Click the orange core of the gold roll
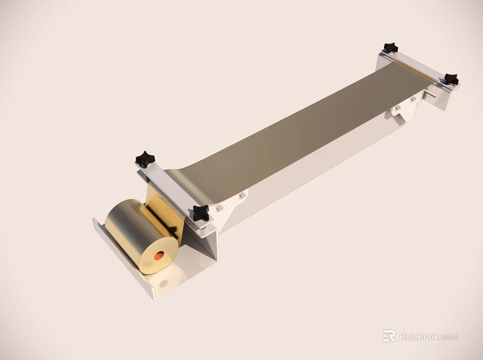pos(159,256)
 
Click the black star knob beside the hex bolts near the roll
pos(200,213)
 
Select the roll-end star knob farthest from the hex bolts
pos(145,159)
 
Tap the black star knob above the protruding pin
pos(450,79)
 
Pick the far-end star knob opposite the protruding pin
pos(390,47)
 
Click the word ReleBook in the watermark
pos(419,337)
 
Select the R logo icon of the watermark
pos(389,336)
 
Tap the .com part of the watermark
pos(450,337)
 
